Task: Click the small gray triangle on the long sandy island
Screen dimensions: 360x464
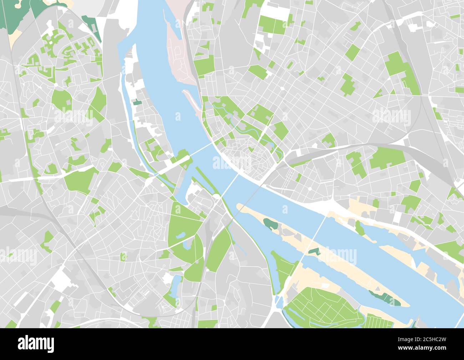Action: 314,251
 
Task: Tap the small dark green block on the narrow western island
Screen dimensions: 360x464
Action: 137,103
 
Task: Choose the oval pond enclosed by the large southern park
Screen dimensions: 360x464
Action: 181,235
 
